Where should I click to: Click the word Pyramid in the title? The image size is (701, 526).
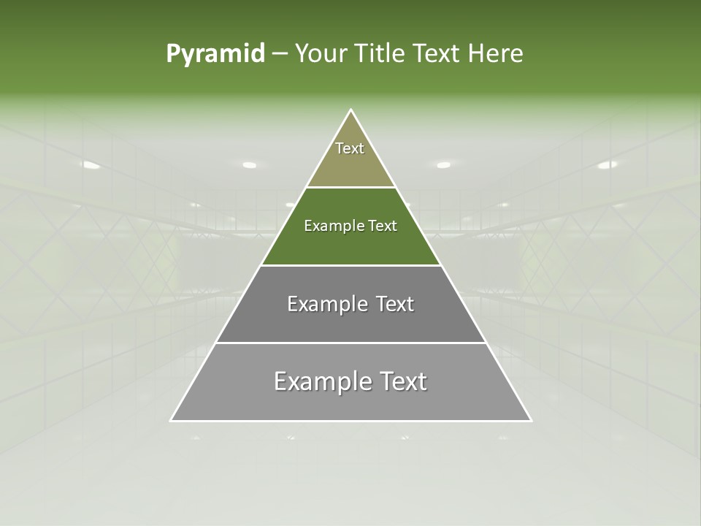[x=215, y=54]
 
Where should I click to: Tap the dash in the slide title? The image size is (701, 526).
[x=279, y=54]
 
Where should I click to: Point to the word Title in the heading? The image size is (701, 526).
[x=380, y=54]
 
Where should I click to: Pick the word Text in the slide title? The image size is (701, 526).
[x=438, y=54]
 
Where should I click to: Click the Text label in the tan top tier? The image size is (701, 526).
[x=350, y=148]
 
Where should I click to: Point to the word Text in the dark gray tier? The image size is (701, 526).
[x=390, y=304]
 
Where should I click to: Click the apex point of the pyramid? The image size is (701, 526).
[x=351, y=110]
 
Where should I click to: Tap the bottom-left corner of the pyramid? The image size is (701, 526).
[x=171, y=421]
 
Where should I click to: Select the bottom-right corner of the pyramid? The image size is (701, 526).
[x=531, y=421]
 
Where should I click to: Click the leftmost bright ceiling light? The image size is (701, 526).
[x=91, y=165]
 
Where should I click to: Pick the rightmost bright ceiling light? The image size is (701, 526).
[x=608, y=165]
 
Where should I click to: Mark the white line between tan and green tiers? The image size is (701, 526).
[x=350, y=188]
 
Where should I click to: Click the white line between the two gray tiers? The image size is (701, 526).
[x=350, y=343]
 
